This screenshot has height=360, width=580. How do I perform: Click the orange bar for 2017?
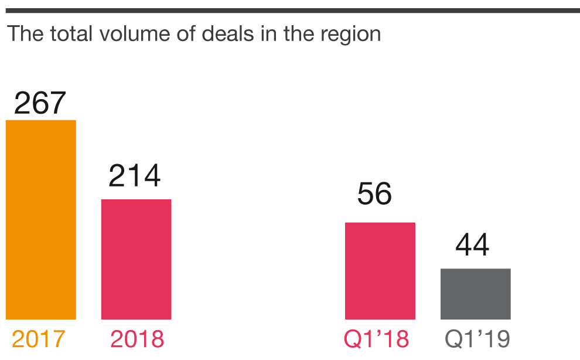point(41,220)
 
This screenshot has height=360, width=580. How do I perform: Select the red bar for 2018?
point(136,259)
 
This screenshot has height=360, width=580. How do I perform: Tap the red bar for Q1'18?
point(380,271)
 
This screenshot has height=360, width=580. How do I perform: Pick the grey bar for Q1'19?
point(475,294)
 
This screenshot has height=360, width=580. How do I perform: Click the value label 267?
point(40,103)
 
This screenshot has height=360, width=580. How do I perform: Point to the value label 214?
point(135,176)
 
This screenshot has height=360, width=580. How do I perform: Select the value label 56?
point(374,194)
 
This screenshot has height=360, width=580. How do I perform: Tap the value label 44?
point(472,245)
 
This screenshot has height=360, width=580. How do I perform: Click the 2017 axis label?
point(39,339)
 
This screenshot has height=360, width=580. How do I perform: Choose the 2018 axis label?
point(137,339)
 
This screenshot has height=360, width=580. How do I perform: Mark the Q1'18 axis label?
point(376,339)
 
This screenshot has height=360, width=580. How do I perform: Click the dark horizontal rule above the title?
point(290,10)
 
